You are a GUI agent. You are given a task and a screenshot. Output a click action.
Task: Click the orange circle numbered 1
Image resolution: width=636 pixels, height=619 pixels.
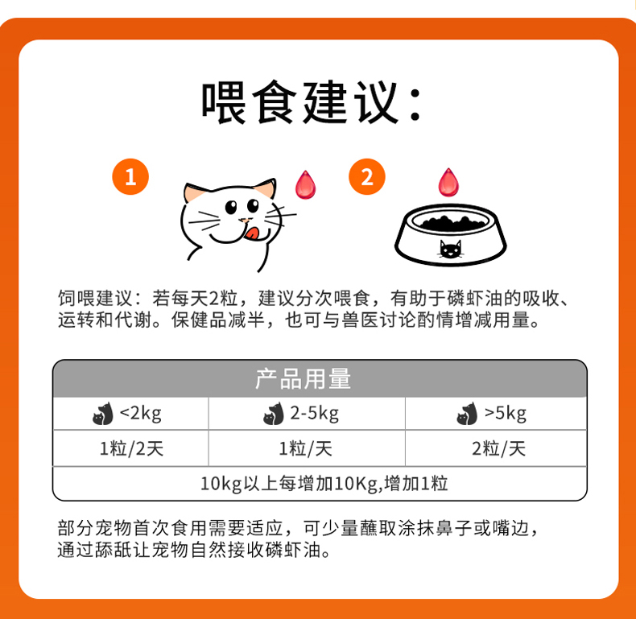click(130, 176)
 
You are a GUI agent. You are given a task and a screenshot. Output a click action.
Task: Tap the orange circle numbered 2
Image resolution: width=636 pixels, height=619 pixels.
click(366, 176)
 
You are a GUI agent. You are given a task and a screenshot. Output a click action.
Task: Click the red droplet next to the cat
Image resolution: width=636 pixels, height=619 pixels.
click(305, 185)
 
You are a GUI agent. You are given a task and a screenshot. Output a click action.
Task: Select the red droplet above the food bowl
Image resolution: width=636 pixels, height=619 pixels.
click(448, 183)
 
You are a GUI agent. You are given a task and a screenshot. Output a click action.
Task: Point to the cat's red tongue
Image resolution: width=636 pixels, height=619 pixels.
click(252, 233)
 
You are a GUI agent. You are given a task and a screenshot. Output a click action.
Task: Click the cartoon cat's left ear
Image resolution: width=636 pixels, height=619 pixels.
click(193, 193)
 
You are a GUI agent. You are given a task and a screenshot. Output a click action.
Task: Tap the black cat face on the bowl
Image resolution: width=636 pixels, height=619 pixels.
click(451, 250)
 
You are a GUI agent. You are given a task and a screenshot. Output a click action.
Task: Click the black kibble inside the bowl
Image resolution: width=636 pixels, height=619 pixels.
click(453, 223)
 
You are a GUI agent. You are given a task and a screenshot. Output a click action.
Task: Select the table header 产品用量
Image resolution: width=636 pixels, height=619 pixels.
click(303, 379)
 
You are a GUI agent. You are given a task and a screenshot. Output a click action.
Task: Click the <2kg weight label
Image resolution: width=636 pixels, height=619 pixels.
click(140, 414)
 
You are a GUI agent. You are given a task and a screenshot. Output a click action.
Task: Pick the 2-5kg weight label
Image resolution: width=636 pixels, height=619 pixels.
click(314, 414)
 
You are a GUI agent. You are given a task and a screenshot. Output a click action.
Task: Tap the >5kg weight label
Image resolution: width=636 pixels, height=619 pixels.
click(506, 414)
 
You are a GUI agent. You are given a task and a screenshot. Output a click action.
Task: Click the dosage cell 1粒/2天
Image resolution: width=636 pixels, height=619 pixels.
click(131, 448)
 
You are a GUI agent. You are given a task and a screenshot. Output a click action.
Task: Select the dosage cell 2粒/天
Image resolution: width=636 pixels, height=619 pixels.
click(498, 448)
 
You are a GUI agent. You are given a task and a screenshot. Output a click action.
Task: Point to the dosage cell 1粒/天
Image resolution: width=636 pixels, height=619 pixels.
click(305, 448)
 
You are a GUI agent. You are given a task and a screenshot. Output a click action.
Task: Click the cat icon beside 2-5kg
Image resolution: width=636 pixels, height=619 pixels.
click(274, 414)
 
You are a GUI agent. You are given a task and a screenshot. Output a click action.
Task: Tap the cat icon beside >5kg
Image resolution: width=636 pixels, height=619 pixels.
click(467, 414)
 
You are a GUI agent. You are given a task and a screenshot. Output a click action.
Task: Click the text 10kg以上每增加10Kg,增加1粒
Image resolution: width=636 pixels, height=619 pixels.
click(324, 484)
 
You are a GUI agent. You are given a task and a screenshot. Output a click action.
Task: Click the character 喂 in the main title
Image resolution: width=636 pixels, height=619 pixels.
click(224, 101)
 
